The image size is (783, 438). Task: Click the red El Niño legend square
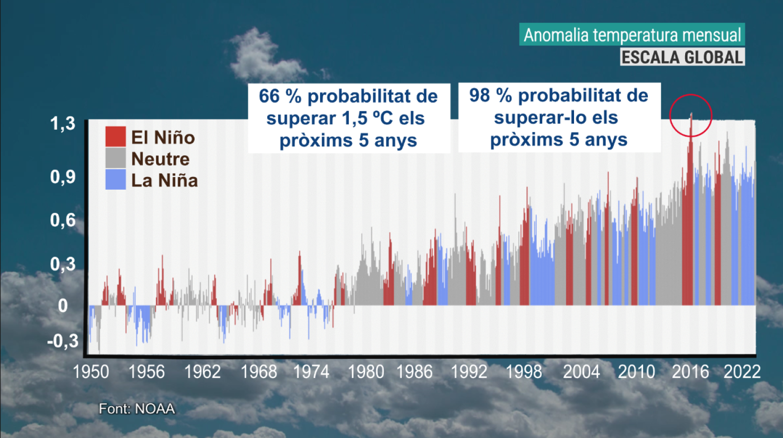point(115,137)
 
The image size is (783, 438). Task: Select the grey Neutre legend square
point(115,158)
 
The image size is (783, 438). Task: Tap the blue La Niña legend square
point(115,179)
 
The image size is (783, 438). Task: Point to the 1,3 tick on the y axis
point(63,124)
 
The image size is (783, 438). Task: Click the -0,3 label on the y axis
point(63,341)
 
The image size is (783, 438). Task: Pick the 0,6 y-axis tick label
point(63,220)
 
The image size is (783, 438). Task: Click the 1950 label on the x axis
point(91,372)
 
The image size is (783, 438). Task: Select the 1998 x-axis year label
point(524,372)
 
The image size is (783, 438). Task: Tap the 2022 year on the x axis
point(742,372)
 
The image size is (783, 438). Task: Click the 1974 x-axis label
point(311,372)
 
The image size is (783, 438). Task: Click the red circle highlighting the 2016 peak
point(691,115)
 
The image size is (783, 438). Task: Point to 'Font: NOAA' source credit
point(137,409)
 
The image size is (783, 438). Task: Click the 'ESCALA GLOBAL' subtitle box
point(682,57)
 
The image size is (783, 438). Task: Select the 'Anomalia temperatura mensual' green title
point(632,35)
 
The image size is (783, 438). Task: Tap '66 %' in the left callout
point(279,96)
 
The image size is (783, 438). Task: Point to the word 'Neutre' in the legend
point(161,159)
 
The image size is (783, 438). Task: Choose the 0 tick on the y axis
point(63,306)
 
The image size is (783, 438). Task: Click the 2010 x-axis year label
point(636,372)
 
